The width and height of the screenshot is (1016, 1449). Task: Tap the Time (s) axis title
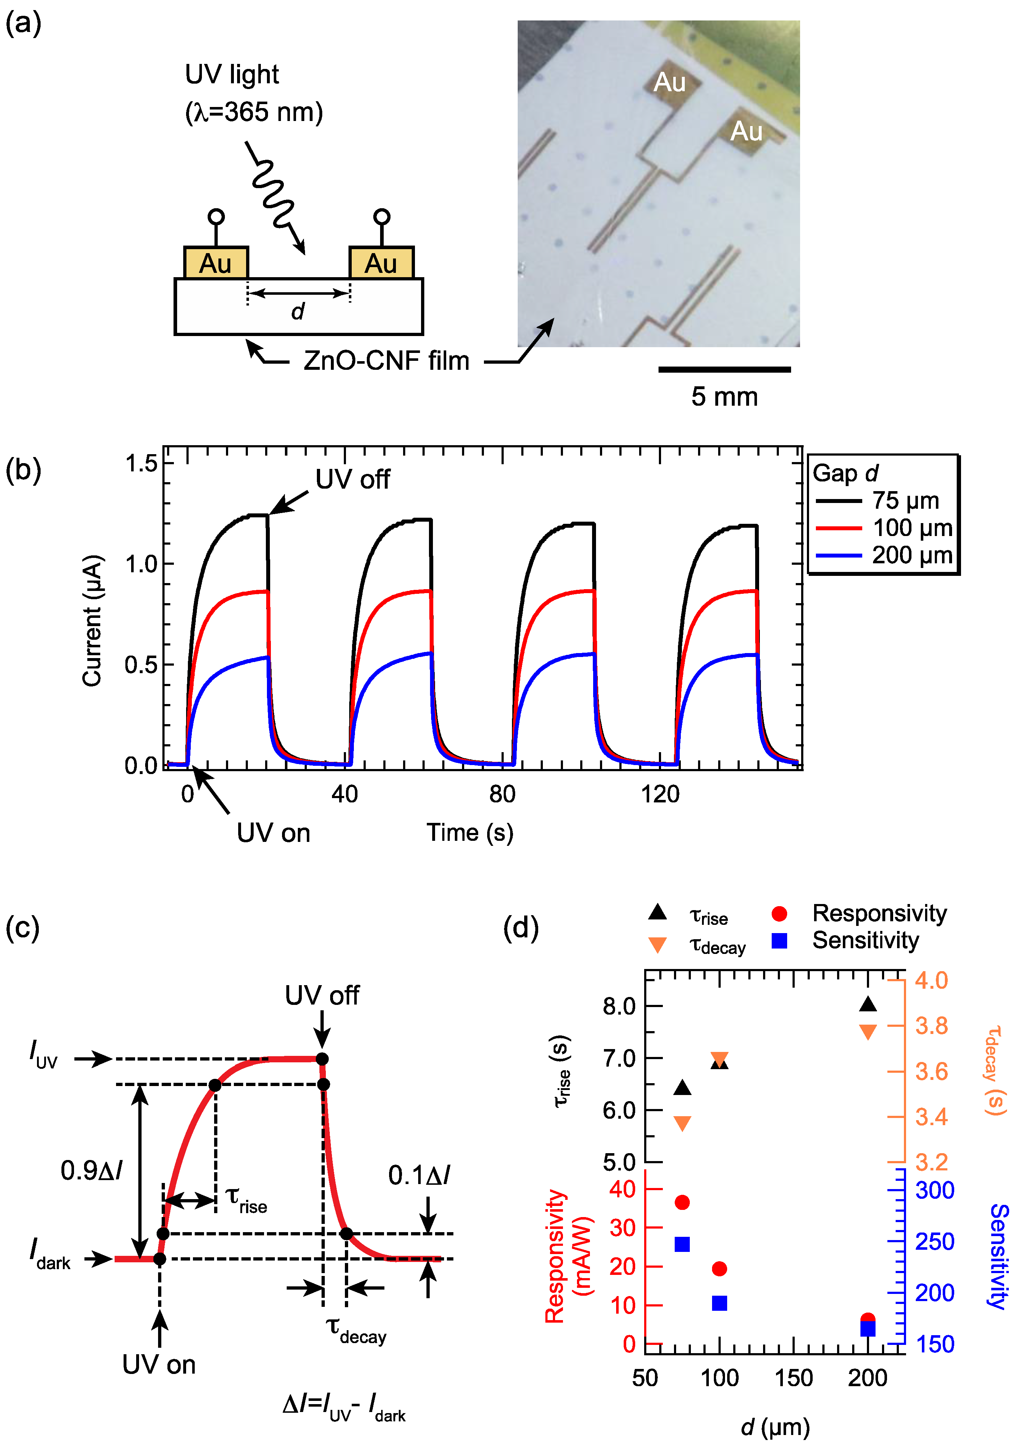click(x=470, y=833)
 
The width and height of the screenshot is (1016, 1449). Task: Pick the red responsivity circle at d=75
click(x=682, y=1202)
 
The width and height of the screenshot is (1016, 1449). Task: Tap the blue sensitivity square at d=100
click(x=719, y=1303)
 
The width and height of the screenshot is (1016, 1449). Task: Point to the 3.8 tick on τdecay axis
click(x=931, y=1025)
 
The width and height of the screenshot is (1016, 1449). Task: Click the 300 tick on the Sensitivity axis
click(x=934, y=1190)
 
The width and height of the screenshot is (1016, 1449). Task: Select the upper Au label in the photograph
click(x=669, y=82)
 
